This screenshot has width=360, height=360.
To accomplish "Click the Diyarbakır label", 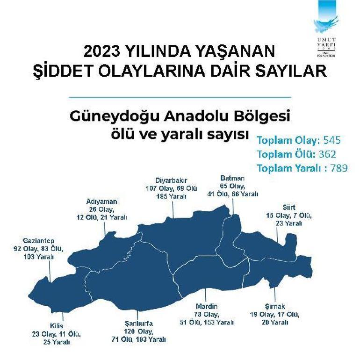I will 171,180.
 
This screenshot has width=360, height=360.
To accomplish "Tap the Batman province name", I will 232,178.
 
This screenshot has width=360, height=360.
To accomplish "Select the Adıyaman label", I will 101,202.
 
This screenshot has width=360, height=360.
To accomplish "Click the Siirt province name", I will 289,208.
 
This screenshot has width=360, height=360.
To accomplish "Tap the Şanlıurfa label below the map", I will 139,324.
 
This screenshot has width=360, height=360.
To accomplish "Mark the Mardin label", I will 207,306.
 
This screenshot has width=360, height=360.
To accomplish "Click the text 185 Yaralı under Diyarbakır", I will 171,196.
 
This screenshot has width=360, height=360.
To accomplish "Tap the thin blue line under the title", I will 180,97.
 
